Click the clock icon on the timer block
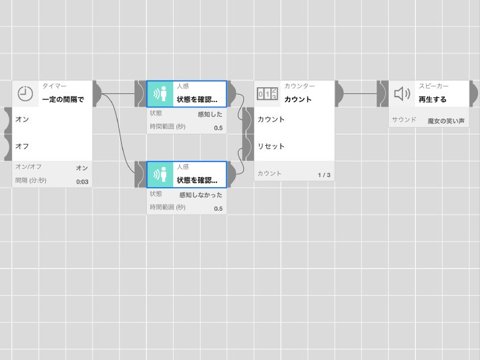tap(26, 93)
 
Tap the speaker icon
tap(402, 93)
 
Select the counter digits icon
tap(268, 93)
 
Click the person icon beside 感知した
tap(161, 94)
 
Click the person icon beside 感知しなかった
tap(161, 175)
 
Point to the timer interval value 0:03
tap(82, 182)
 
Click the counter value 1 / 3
tap(324, 175)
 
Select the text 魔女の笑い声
tap(446, 121)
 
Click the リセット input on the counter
tap(291, 147)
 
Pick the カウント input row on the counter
tap(291, 120)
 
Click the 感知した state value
tap(210, 115)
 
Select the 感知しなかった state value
tap(201, 195)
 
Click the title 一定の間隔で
tap(63, 99)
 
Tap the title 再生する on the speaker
tap(433, 99)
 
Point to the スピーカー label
tap(433, 86)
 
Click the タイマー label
tap(54, 86)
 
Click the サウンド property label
tap(404, 120)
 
